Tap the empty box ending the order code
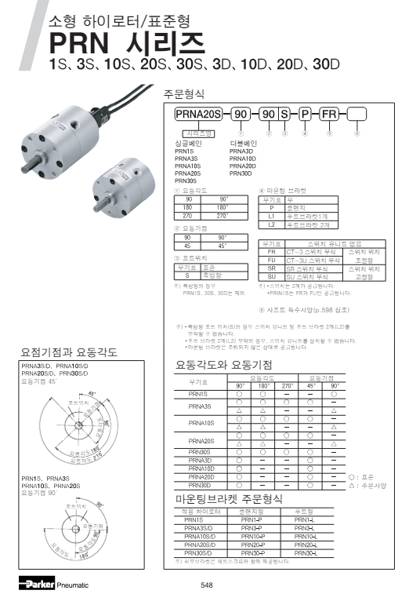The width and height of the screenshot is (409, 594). (x=357, y=115)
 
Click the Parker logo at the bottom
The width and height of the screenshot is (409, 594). (x=38, y=584)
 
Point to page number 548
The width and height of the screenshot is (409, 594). (x=207, y=585)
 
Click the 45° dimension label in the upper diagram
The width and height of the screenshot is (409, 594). (x=92, y=393)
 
